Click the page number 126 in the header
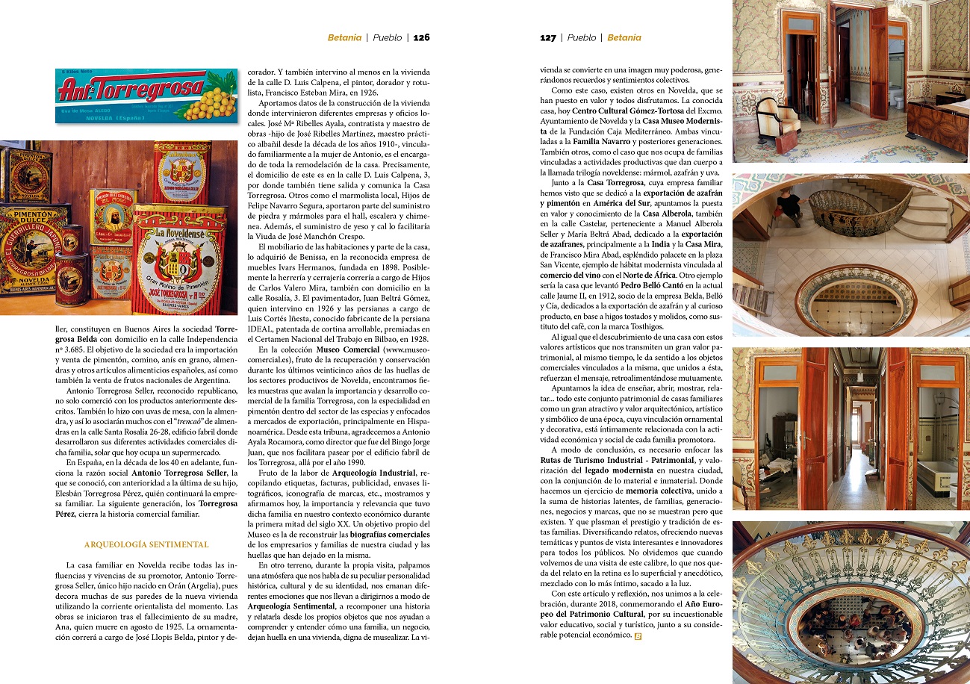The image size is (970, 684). tap(422, 37)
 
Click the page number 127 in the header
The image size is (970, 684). tap(548, 37)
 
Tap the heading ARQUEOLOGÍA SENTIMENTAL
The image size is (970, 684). tap(146, 544)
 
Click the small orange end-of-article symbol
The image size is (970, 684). tap(638, 636)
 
